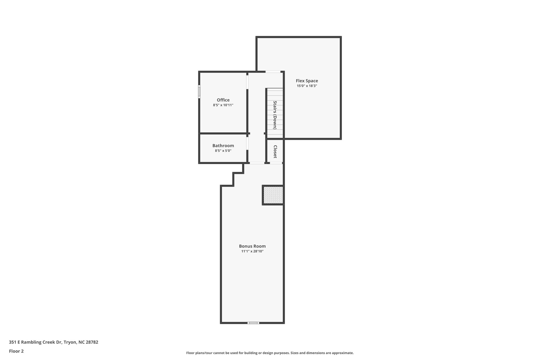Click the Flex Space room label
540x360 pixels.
(307, 81)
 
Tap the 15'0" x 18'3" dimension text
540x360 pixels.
(307, 86)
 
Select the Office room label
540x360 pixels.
(223, 100)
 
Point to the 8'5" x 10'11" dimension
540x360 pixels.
(223, 105)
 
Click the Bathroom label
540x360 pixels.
(223, 146)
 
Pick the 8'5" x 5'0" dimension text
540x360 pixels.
(223, 151)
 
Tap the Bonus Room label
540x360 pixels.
(252, 246)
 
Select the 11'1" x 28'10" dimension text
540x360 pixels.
(252, 251)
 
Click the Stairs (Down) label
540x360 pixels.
(275, 115)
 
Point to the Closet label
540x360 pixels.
(275, 152)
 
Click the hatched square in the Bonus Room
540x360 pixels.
(273, 195)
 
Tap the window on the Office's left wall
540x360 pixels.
(199, 92)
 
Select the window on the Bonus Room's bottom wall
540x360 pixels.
(253, 323)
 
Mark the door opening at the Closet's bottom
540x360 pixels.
(276, 163)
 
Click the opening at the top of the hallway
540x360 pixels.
(273, 72)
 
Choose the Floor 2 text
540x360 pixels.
(16, 351)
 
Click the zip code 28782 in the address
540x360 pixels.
(92, 342)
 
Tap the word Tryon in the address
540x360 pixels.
(70, 342)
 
